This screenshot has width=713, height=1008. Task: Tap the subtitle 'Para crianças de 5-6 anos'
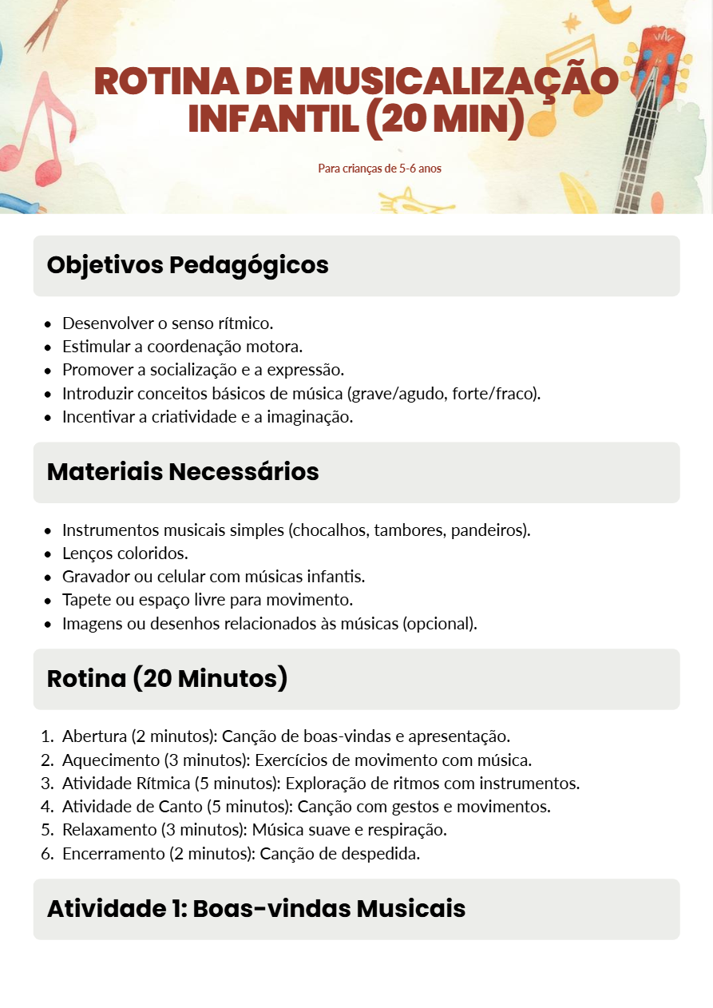379,169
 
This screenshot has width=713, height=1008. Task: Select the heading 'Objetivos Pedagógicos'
188,265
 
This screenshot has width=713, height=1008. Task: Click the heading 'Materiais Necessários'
183,472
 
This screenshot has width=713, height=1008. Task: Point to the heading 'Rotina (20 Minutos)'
167,679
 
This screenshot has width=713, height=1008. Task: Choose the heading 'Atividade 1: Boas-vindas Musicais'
255,909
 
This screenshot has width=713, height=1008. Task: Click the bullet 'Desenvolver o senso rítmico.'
168,323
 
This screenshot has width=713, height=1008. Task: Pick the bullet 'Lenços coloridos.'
125,554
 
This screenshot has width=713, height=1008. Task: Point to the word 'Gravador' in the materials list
94,577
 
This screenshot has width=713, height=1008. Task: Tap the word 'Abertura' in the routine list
94,736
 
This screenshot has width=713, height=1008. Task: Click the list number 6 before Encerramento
46,854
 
